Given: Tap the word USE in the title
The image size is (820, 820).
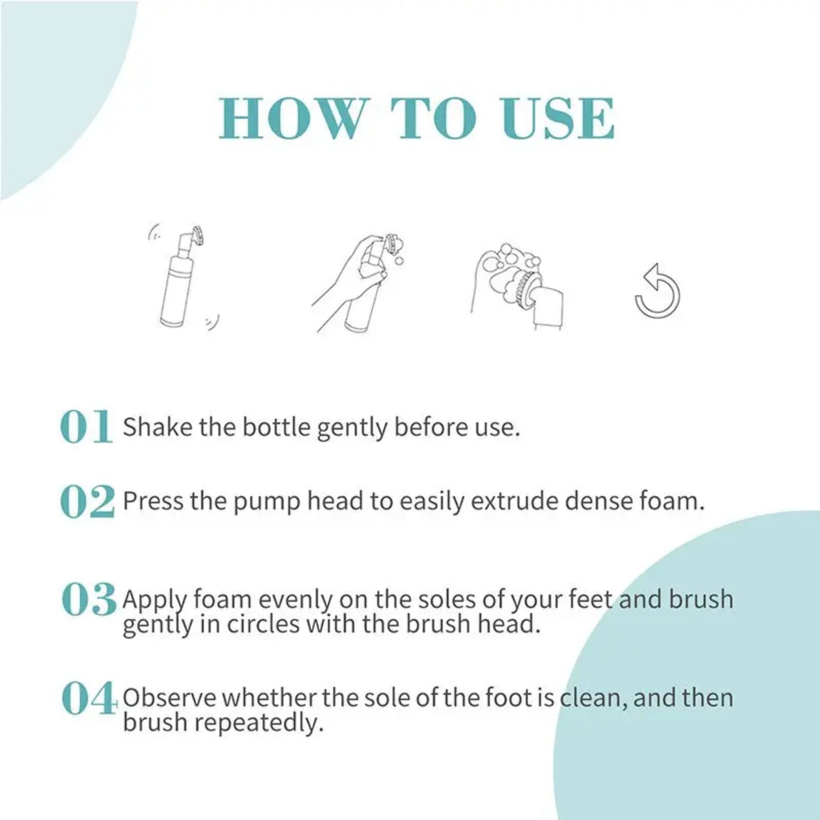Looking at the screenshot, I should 558,119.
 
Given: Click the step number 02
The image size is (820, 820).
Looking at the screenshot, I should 87,501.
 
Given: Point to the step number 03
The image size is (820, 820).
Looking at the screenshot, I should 88,599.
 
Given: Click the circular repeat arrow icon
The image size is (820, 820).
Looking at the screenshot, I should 657,291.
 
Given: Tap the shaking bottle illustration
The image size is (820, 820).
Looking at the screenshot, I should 182,277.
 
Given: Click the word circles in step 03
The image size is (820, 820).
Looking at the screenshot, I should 263,624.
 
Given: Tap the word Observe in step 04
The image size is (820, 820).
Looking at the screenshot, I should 169,698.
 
